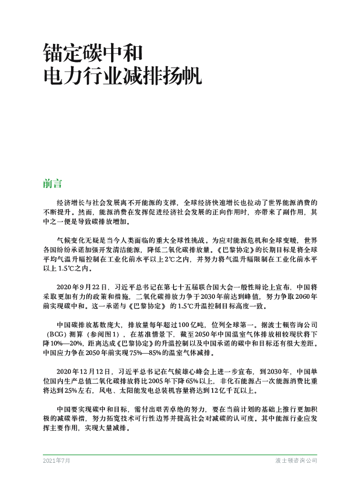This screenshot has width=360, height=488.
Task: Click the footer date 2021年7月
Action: [56, 461]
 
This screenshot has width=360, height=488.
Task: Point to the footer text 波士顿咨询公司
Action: [296, 461]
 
